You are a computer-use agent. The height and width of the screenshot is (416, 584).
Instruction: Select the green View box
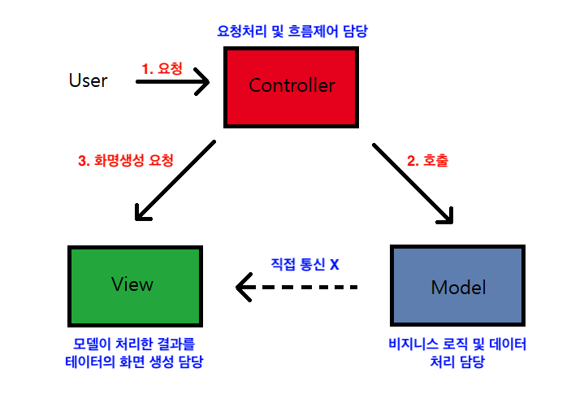click(x=134, y=285)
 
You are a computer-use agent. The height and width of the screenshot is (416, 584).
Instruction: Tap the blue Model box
click(x=457, y=286)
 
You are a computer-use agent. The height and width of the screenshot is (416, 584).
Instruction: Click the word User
click(x=88, y=80)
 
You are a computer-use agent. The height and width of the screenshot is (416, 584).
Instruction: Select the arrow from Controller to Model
click(x=412, y=182)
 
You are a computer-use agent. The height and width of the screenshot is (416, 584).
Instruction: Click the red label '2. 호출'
click(x=427, y=160)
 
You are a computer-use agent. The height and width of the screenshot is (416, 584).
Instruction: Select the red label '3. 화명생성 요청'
click(x=125, y=160)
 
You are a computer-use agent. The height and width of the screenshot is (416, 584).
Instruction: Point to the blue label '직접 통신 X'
click(x=305, y=265)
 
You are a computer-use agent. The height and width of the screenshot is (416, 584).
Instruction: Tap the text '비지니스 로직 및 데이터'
click(x=457, y=344)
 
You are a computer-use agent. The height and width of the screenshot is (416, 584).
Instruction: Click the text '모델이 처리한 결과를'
click(x=134, y=344)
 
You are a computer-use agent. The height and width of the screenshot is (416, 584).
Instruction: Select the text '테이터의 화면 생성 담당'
click(x=134, y=362)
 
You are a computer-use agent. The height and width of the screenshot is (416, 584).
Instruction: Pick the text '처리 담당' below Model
click(x=457, y=362)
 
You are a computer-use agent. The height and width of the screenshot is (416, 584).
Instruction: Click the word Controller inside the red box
click(x=292, y=85)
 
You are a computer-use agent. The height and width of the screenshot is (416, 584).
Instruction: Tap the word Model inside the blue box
click(x=458, y=288)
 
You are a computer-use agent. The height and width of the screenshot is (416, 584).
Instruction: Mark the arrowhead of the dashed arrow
click(x=242, y=287)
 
